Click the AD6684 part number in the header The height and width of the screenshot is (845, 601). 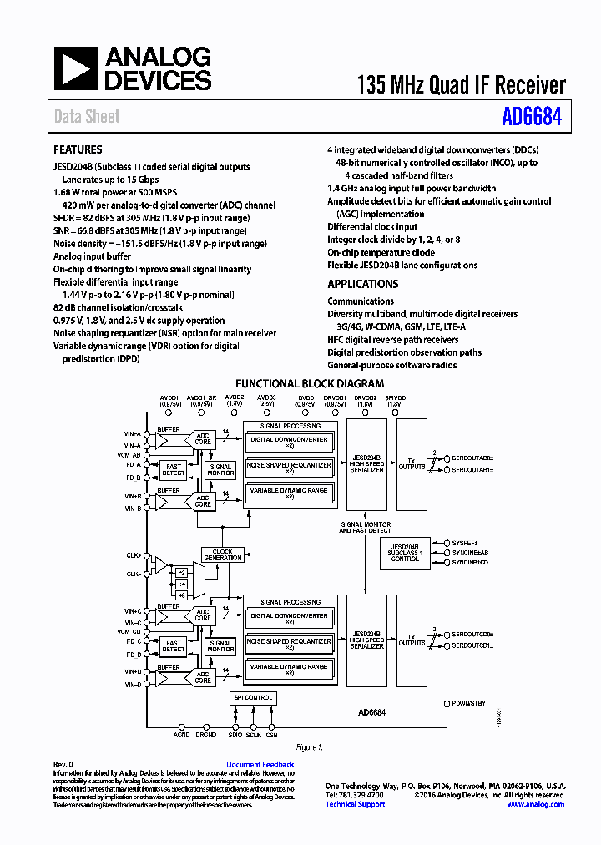531,116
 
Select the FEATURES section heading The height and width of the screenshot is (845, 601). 78,150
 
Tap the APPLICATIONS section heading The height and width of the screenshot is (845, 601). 362,285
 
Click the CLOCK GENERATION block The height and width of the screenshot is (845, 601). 222,554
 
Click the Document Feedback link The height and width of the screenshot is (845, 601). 260,765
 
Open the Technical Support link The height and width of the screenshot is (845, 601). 355,804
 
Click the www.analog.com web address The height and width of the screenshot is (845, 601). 535,804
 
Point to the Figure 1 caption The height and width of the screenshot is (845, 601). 308,747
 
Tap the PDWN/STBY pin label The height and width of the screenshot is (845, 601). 468,704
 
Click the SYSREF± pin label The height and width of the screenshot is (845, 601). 465,542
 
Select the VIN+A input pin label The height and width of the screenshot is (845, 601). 133,434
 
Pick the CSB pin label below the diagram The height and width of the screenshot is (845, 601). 271,735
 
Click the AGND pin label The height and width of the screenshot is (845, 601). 181,735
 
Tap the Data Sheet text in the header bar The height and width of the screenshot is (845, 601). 87,117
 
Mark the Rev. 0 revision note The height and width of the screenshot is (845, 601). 63,765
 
